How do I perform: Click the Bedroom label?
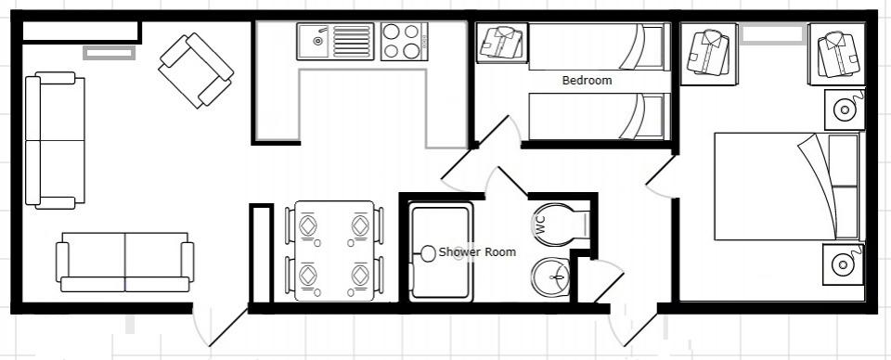click(587, 81)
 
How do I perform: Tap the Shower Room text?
click(477, 252)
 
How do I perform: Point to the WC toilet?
click(561, 225)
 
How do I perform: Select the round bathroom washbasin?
click(550, 276)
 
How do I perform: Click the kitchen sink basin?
click(313, 40)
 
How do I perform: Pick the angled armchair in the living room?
click(196, 71)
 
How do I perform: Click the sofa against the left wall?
click(55, 140)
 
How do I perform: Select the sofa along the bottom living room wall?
click(125, 262)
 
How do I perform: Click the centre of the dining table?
click(334, 251)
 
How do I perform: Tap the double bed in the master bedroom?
click(786, 186)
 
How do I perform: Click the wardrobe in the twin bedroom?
click(500, 43)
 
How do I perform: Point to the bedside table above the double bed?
click(845, 109)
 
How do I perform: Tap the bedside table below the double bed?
click(844, 264)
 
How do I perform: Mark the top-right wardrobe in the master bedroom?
click(836, 54)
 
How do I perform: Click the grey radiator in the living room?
click(110, 53)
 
